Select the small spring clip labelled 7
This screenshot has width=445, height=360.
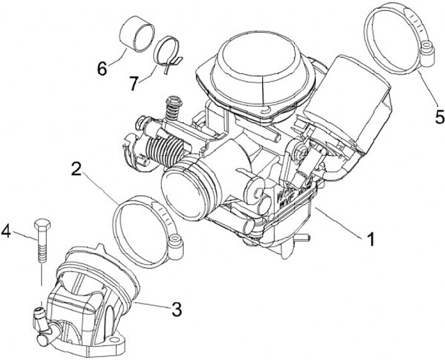pos(166,53)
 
